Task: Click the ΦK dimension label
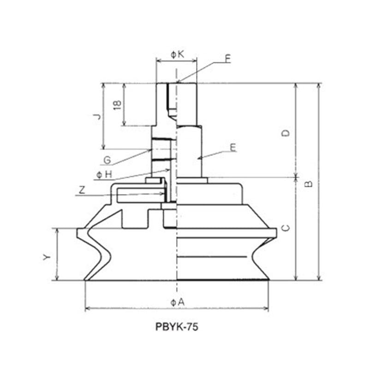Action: point(177,54)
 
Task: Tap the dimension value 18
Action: point(117,104)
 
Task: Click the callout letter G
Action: point(107,160)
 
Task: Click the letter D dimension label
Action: point(286,133)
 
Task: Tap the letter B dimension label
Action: point(309,183)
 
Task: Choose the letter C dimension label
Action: point(286,228)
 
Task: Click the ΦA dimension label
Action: point(177,302)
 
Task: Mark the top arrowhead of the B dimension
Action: point(319,86)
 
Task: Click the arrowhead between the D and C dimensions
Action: point(295,178)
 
